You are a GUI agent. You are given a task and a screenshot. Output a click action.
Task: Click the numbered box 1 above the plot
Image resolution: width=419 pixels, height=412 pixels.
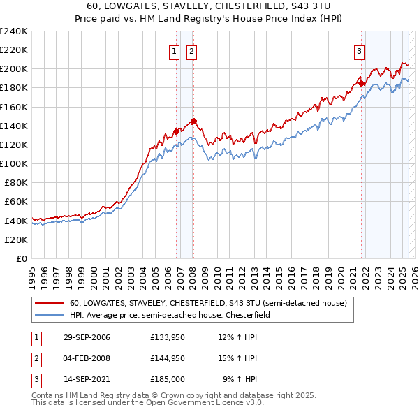[173, 50]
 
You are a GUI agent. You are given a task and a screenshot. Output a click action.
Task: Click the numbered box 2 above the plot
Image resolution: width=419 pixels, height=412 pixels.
[191, 50]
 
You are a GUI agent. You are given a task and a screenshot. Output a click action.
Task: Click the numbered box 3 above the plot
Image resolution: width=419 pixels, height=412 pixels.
[359, 50]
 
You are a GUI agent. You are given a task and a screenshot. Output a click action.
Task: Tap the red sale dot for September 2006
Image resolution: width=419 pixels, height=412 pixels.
[176, 131]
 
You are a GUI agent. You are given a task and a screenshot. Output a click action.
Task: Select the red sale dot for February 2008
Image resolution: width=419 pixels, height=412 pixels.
[193, 121]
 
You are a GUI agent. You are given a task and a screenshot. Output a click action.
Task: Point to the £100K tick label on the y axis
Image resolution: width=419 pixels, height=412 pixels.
[13, 163]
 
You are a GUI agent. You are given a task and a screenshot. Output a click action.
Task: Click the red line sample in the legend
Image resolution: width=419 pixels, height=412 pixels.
[50, 303]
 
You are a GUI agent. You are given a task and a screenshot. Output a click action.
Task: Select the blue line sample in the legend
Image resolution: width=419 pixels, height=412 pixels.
[50, 316]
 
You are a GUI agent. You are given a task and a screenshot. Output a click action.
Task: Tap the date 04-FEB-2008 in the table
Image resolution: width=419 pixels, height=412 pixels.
[87, 358]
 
